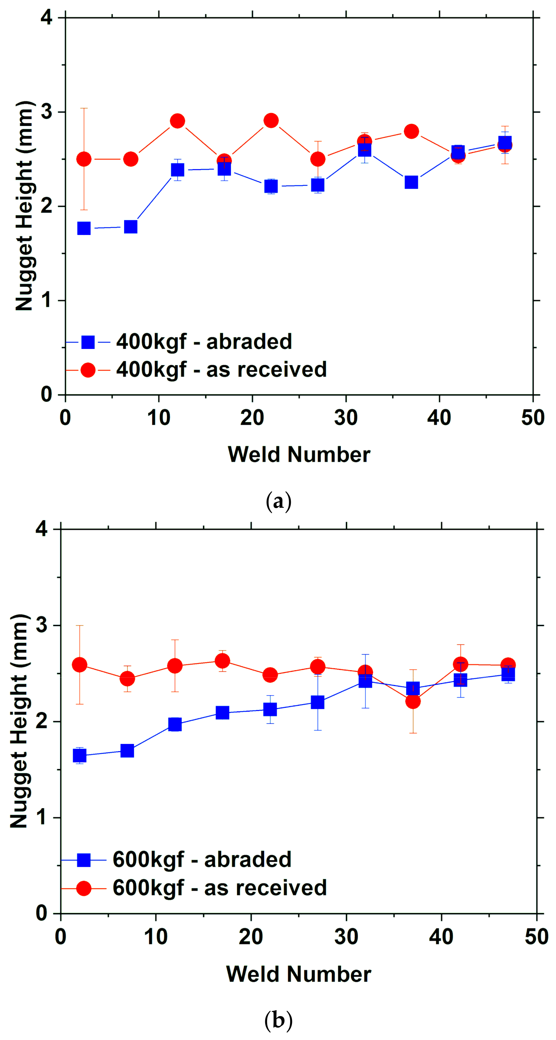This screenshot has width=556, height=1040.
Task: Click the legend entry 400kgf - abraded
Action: click(x=204, y=341)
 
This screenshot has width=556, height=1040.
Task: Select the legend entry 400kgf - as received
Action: click(x=221, y=370)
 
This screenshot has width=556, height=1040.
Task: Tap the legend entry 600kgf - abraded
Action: click(x=202, y=859)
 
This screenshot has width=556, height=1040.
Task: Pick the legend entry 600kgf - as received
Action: click(x=220, y=888)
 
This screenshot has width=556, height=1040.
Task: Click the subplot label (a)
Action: click(x=278, y=501)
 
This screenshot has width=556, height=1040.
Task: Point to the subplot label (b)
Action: click(x=278, y=1020)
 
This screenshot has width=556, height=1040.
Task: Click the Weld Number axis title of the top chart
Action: click(x=299, y=454)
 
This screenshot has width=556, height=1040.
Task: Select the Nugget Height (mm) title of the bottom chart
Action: click(x=19, y=721)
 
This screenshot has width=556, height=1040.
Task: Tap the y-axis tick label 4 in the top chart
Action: click(x=47, y=18)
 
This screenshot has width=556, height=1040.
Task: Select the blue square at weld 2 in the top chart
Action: click(x=84, y=228)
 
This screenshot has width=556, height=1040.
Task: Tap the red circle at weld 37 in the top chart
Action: click(x=411, y=131)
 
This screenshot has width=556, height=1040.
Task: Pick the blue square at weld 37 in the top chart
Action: click(x=411, y=182)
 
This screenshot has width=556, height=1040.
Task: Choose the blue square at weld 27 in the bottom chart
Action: click(x=318, y=702)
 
